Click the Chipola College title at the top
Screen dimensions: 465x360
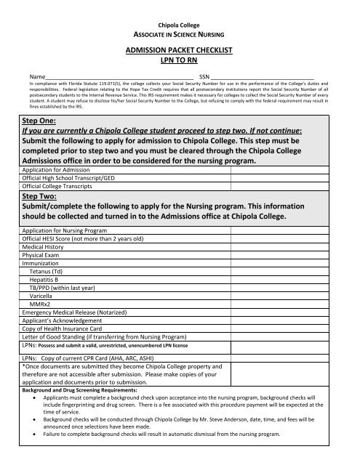180,25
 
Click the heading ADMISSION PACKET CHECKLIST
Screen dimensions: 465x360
180,51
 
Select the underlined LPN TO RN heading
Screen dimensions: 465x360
180,60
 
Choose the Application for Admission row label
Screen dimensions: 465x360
60,169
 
